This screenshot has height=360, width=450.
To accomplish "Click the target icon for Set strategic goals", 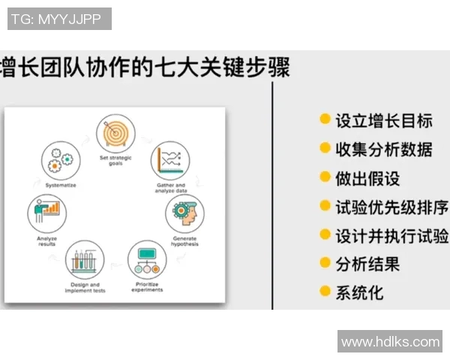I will click(115, 133).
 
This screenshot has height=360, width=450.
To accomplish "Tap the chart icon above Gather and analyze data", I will click(170, 159).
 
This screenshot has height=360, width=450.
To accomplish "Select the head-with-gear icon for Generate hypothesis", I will click(184, 213).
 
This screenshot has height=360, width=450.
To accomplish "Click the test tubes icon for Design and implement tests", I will click(85, 262).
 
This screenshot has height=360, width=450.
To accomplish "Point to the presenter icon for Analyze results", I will click(46, 212).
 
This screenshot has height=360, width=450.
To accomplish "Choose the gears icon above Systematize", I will click(60, 159).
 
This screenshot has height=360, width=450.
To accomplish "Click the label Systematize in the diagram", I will click(60, 184).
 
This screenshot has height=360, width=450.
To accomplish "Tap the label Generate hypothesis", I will click(185, 241).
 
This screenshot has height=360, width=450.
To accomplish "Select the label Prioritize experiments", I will click(148, 287).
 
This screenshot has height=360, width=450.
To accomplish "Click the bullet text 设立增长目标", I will click(383, 120).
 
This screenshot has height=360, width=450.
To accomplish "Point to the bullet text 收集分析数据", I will click(383, 149).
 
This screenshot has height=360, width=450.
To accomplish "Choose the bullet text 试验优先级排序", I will click(391, 206).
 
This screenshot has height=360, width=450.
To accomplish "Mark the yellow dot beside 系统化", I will click(325, 291).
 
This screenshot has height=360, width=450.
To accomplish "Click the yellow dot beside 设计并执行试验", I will click(325, 234).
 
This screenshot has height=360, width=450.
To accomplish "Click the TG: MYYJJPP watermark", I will click(59, 19).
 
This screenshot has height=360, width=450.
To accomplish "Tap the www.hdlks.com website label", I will click(390, 342).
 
